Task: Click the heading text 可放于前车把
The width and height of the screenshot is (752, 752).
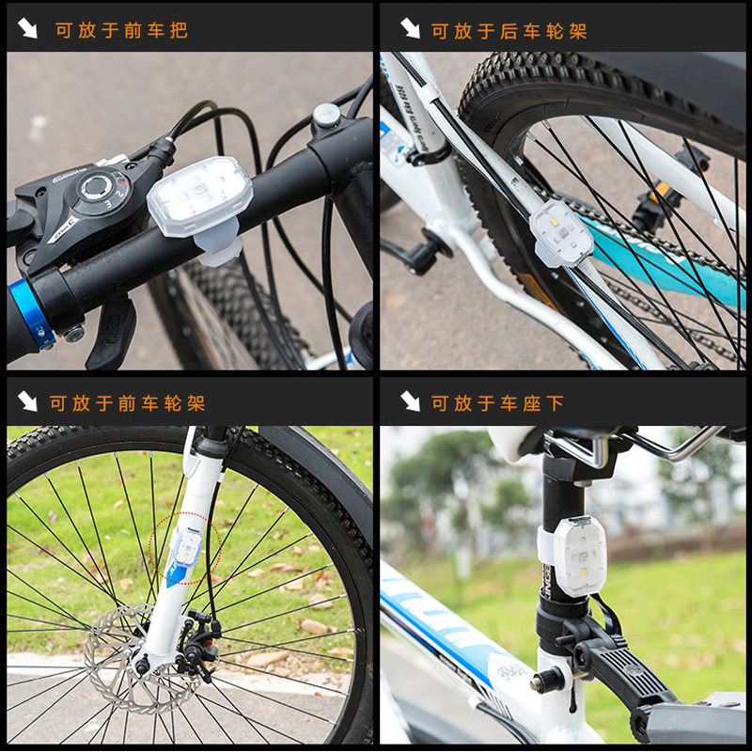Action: tap(121, 30)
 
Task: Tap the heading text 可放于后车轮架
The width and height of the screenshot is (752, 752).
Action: tap(509, 30)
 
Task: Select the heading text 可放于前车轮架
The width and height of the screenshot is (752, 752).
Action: tap(127, 403)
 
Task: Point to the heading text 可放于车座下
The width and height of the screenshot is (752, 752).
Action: tap(497, 403)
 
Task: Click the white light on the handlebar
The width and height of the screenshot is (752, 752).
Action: tap(199, 196)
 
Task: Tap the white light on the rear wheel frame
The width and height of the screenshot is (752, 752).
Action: tap(561, 233)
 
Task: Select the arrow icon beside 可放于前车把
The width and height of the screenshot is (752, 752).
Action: tap(27, 29)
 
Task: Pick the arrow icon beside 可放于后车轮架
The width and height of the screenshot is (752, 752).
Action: tap(410, 29)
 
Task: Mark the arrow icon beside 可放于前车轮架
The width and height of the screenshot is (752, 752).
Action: tap(27, 402)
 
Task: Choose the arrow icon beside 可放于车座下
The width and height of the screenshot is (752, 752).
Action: tap(410, 402)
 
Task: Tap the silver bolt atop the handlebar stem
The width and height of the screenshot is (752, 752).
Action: tap(326, 116)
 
